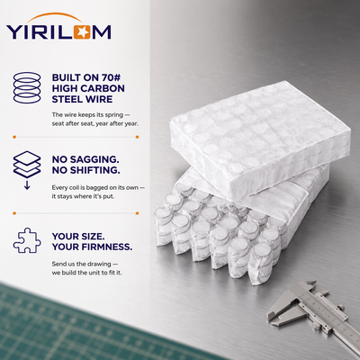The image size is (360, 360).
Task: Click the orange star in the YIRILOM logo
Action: tap(82, 32)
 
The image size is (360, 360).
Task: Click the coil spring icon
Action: tap(27, 87)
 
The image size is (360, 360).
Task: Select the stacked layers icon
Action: tap(27, 165)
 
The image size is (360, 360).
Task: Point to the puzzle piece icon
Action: tap(27, 240)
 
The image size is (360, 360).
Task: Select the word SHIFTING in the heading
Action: tap(94, 170)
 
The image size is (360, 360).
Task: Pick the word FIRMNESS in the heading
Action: tap(107, 247)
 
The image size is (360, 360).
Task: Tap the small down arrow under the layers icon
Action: tap(27, 185)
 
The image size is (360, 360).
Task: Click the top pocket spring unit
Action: tap(260, 139)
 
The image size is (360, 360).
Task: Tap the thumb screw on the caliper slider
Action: tap(340, 307)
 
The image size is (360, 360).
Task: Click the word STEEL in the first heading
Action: tap(67, 99)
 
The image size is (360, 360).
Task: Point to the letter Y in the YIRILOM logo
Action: tap(13, 32)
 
